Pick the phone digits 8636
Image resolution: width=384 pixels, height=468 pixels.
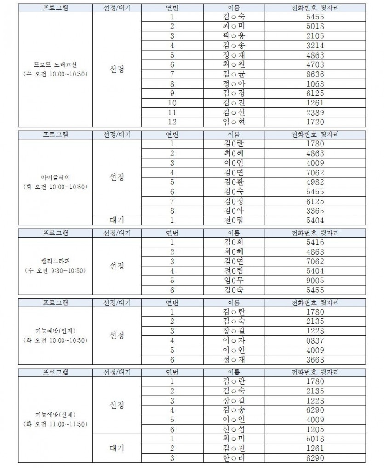pyautogui.click(x=315, y=74)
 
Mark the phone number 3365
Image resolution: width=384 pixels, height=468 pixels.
pyautogui.click(x=315, y=211)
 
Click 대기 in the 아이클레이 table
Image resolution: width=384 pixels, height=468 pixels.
pyautogui.click(x=117, y=220)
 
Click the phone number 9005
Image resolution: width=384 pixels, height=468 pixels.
pyautogui.click(x=315, y=281)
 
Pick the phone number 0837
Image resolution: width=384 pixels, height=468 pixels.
pyautogui.click(x=315, y=340)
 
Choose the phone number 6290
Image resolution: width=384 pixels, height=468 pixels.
pyautogui.click(x=315, y=410)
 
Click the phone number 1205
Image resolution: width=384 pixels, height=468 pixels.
pyautogui.click(x=315, y=429)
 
